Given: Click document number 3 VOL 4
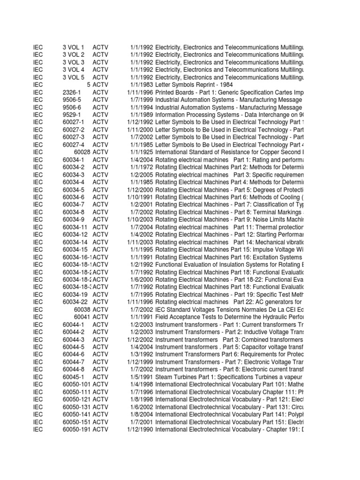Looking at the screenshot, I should [x=73, y=70].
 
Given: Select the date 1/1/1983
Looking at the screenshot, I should [x=139, y=85].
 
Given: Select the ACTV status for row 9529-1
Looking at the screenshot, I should [x=100, y=115].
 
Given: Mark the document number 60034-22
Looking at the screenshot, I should [x=75, y=302].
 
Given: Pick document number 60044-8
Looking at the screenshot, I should [x=73, y=370].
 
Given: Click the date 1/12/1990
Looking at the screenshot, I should [x=137, y=430].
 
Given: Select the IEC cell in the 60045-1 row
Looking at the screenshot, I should [x=38, y=377].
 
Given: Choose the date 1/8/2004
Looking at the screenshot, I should [x=139, y=415].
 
